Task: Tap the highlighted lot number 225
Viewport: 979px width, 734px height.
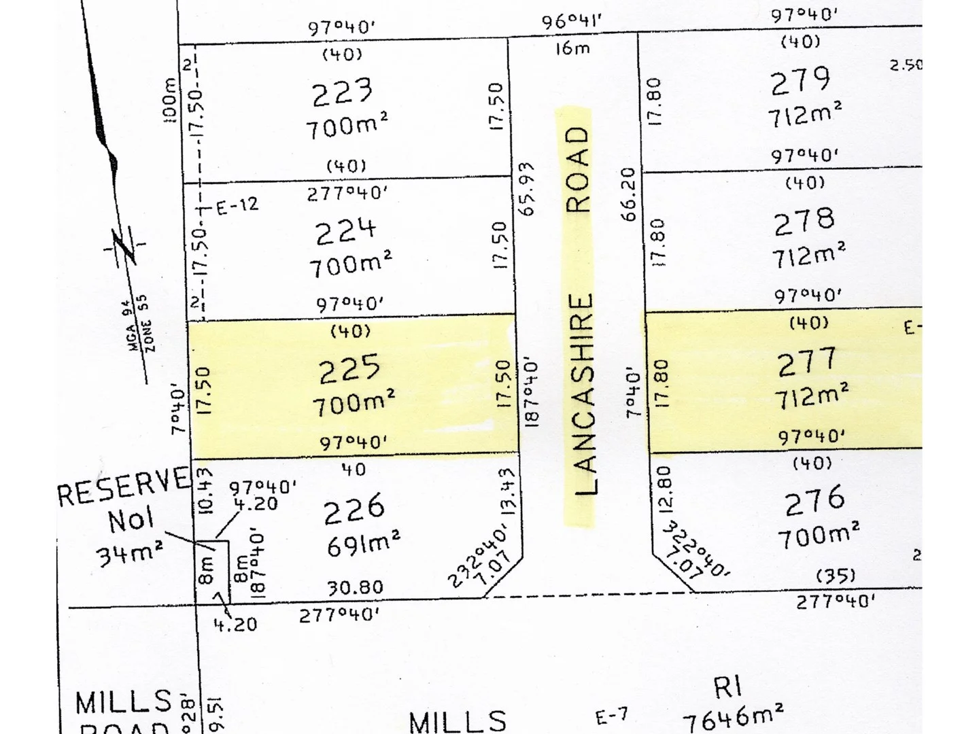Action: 349,370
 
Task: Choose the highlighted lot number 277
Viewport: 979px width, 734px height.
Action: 807,362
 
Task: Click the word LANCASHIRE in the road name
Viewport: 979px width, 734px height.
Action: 583,394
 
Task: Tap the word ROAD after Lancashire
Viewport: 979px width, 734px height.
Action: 578,169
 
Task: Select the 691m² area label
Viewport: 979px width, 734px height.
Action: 363,544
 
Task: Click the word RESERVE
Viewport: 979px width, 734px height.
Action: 123,485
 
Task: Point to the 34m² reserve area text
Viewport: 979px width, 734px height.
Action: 129,554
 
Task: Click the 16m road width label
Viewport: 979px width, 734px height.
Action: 572,48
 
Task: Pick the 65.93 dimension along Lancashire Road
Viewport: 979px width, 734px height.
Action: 526,188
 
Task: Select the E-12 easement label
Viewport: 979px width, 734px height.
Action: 237,205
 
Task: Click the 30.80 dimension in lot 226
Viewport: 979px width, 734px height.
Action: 355,587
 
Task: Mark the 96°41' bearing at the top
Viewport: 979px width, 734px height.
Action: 572,20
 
